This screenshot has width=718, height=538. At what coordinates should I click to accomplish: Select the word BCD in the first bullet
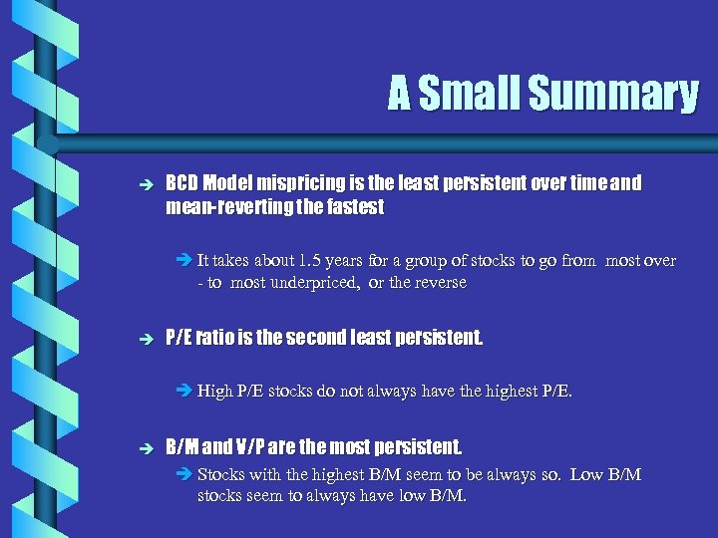(181, 184)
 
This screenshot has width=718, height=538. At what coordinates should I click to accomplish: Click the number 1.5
(310, 261)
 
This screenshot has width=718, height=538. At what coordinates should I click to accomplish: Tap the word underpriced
(321, 283)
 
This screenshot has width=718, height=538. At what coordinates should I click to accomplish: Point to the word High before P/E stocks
(214, 392)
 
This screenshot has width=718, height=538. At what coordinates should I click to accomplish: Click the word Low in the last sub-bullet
(587, 474)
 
